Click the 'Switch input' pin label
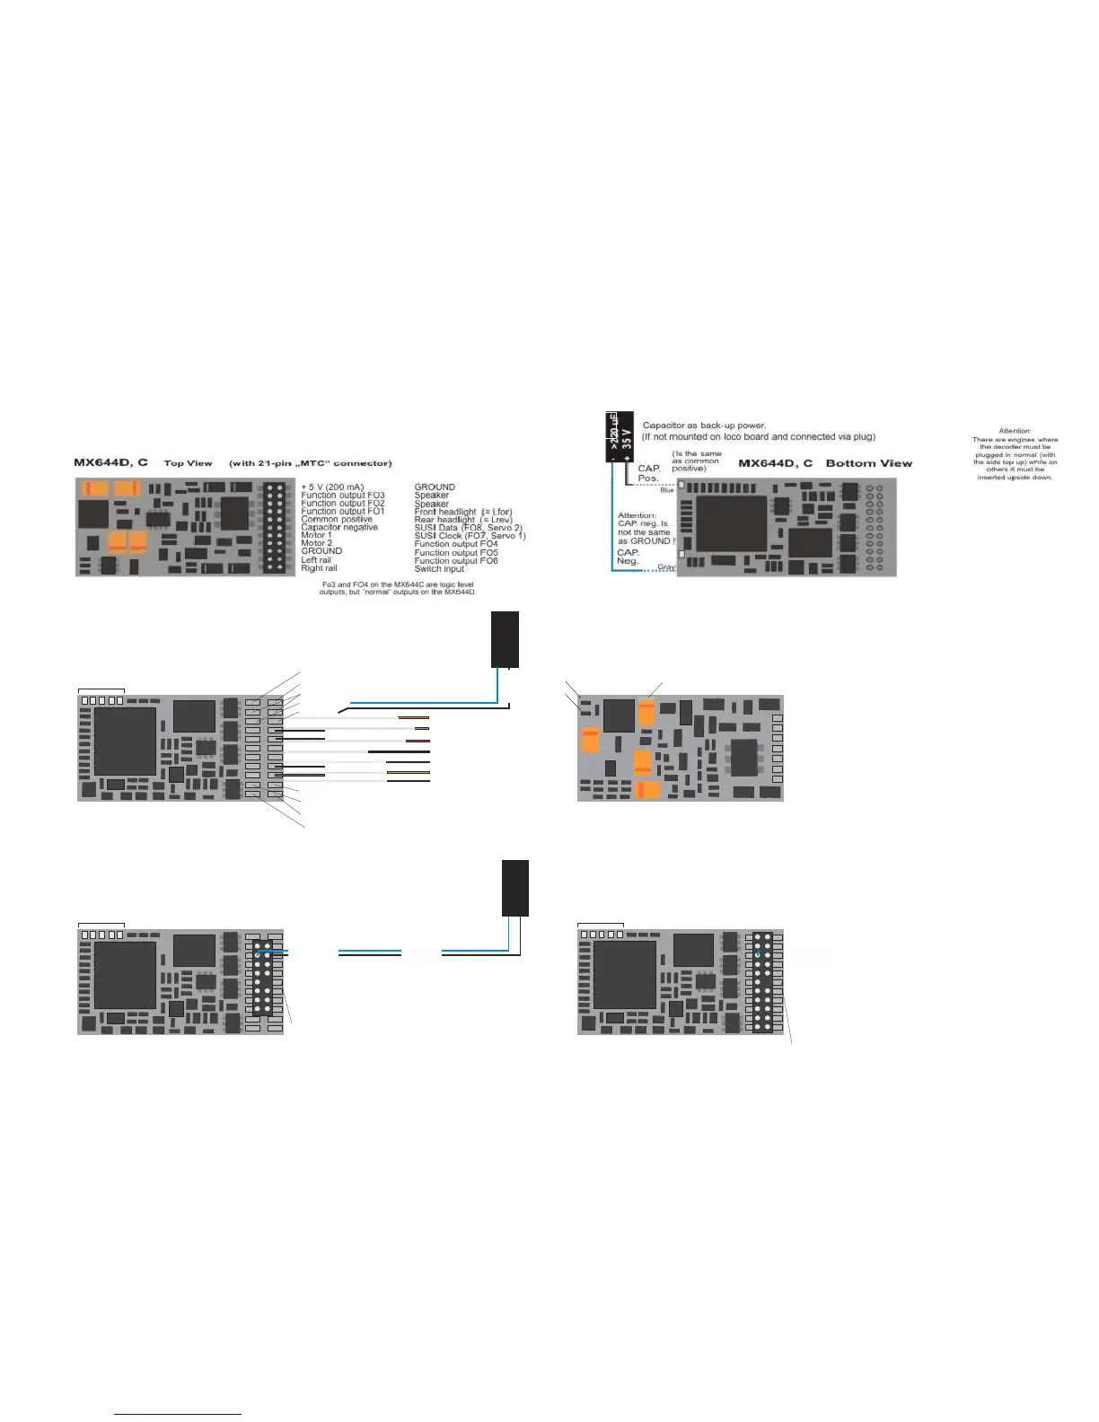(x=439, y=569)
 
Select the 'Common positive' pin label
(x=337, y=520)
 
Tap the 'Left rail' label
(x=316, y=560)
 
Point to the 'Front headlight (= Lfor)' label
(x=462, y=512)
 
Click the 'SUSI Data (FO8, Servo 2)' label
(x=468, y=528)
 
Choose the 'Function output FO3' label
(x=343, y=496)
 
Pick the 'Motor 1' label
(x=316, y=536)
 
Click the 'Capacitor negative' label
(x=339, y=528)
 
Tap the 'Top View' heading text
(x=188, y=463)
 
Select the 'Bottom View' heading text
(x=868, y=463)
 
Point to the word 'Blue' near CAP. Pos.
(x=667, y=490)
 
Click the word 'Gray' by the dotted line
(x=666, y=567)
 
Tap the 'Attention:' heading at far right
(x=1015, y=431)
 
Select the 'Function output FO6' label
(x=456, y=561)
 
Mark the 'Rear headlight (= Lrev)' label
(x=462, y=520)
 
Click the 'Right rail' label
(x=319, y=568)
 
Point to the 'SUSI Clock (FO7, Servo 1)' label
(x=470, y=536)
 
